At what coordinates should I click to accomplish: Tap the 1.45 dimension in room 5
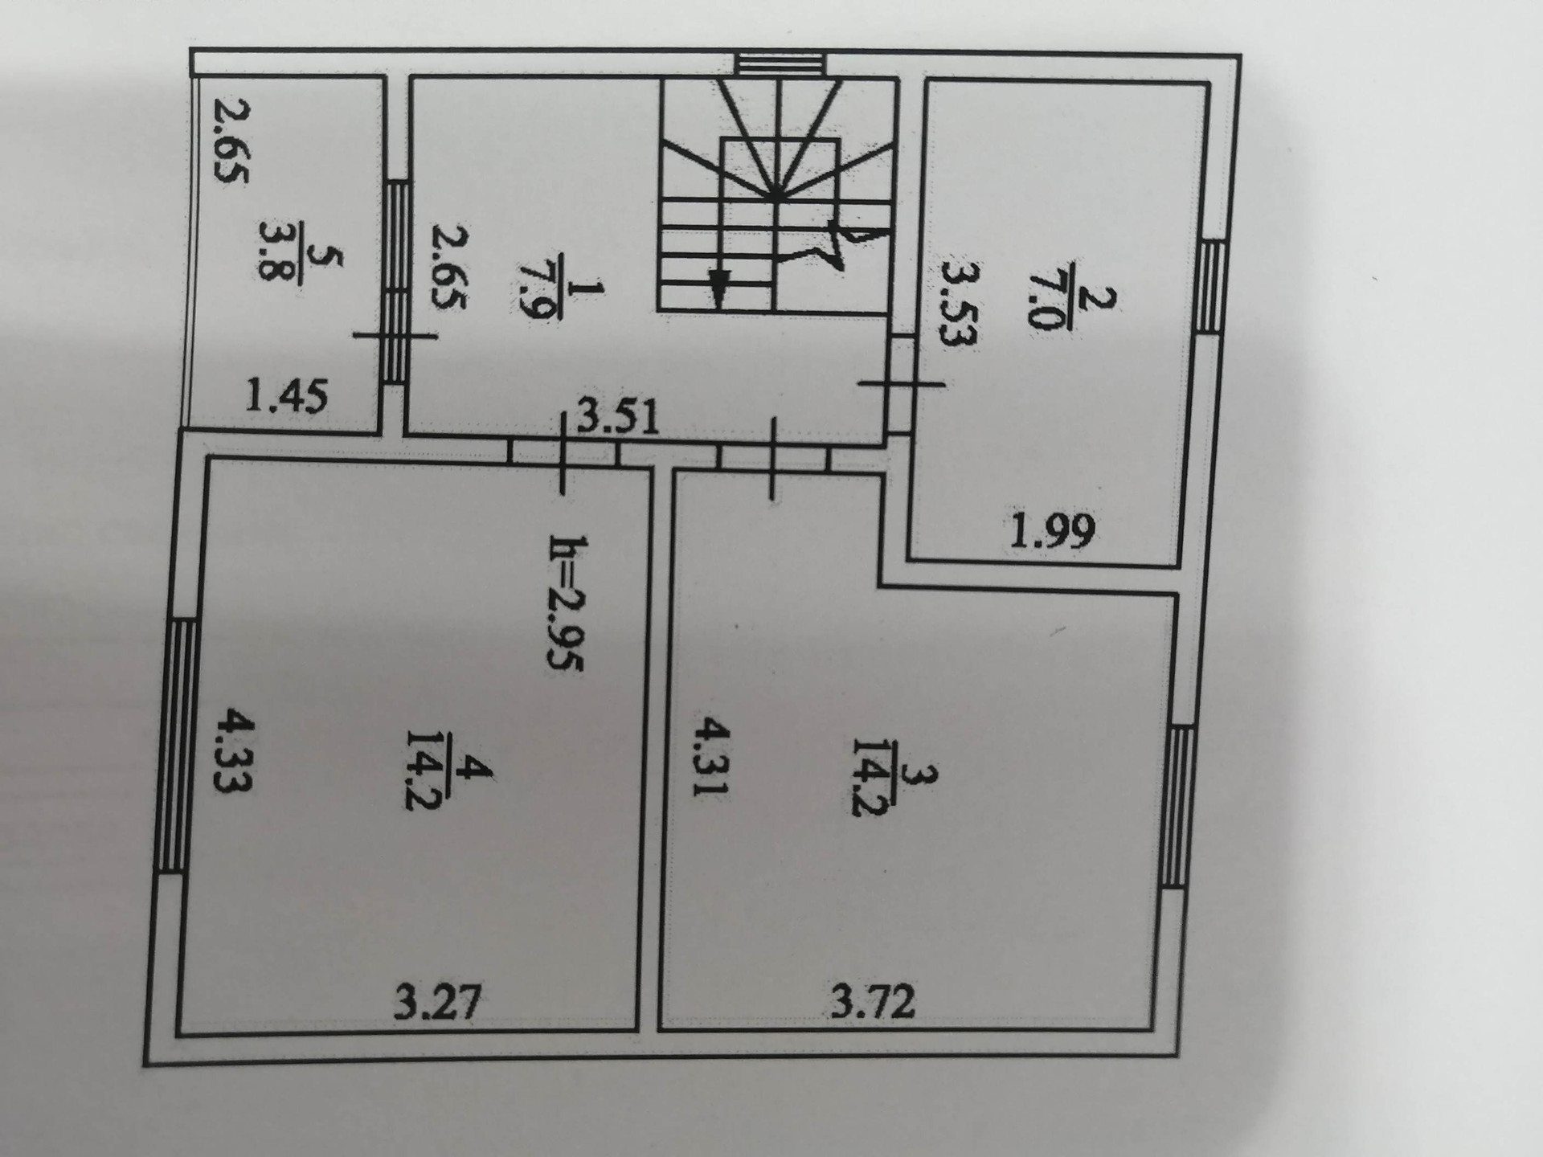(x=287, y=396)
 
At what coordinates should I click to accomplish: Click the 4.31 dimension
(x=712, y=756)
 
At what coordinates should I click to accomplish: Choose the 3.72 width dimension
(x=874, y=1002)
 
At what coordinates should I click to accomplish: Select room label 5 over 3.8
(x=301, y=264)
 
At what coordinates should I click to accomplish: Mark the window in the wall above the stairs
(x=781, y=64)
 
